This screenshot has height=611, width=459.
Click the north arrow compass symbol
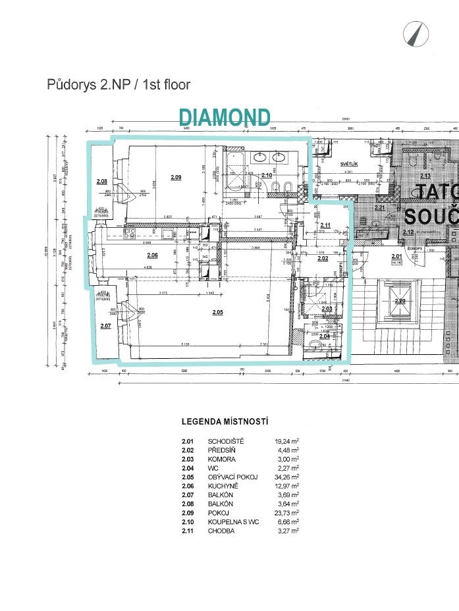414,34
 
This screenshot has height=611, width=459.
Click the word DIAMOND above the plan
225,118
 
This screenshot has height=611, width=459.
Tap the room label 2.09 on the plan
175,177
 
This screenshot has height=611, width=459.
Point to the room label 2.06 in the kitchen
152,255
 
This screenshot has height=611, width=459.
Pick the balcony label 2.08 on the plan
101,181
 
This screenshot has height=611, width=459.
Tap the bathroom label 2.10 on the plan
267,175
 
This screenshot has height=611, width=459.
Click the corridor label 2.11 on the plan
325,225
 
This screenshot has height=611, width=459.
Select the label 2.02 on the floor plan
323,259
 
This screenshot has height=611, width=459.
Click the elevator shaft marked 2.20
400,301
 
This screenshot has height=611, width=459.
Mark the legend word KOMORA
223,459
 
